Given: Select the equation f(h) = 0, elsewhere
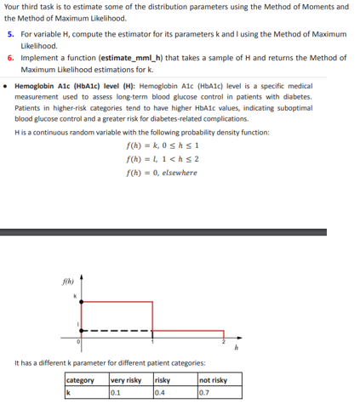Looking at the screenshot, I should (161, 173).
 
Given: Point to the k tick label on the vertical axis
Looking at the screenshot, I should (75, 295).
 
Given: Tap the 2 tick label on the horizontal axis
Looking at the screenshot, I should (223, 342).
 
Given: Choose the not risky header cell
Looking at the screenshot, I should (213, 380).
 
